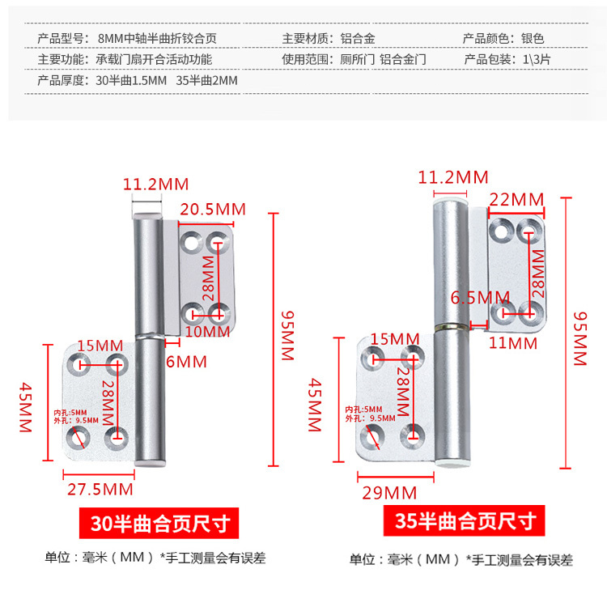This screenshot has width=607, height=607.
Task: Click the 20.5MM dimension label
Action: [x=212, y=209]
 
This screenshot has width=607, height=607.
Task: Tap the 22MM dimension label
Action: [x=518, y=199]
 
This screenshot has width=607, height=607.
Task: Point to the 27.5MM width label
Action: [x=100, y=488]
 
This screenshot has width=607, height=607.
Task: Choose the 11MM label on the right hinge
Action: [x=513, y=342]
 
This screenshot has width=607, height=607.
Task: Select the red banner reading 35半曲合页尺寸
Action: [x=460, y=520]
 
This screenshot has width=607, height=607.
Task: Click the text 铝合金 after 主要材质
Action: [x=357, y=38]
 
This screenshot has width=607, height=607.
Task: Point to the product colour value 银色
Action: [x=533, y=38]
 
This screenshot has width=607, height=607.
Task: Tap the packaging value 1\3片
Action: [x=538, y=59]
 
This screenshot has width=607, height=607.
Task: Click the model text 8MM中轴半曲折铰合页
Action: [x=157, y=38]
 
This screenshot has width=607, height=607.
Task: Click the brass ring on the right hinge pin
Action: [x=450, y=328]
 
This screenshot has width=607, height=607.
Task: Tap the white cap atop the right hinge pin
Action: [x=450, y=197]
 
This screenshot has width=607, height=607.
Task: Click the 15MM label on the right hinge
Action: [x=395, y=338]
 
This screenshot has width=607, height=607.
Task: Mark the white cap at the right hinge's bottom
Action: [x=450, y=463]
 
